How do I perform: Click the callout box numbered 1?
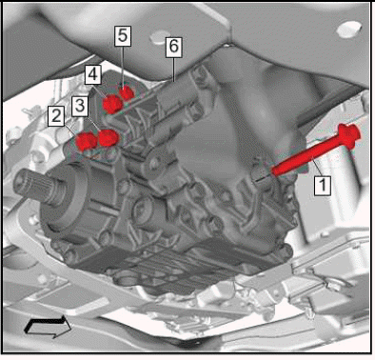click(x=323, y=185)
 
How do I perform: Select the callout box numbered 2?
click(x=56, y=116)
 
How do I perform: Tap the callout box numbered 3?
click(x=80, y=106)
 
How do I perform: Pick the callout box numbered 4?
click(x=92, y=75)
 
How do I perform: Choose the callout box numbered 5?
click(x=123, y=36)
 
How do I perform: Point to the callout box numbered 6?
click(x=173, y=47)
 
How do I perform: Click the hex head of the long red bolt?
click(x=349, y=135)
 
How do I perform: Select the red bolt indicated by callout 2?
click(x=87, y=141)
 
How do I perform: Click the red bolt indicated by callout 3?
click(x=109, y=138)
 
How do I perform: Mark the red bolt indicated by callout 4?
click(x=112, y=104)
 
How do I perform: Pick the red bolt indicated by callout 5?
click(x=128, y=93)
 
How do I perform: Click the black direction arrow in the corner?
click(x=48, y=326)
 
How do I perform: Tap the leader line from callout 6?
click(x=173, y=70)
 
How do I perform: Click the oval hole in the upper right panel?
click(x=348, y=30)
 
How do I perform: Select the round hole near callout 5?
click(x=158, y=37)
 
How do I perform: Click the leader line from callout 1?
click(x=317, y=168)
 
